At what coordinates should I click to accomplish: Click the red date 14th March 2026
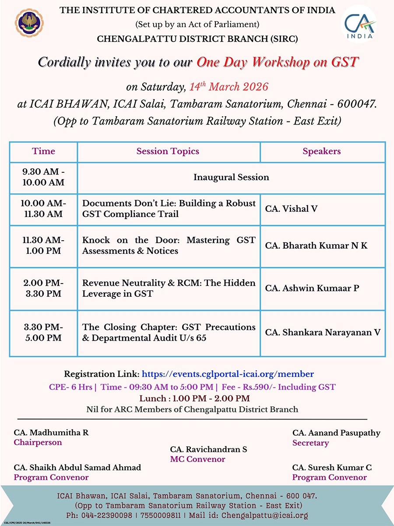229,86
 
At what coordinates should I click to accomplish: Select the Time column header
43,151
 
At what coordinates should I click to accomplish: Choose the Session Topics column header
168,151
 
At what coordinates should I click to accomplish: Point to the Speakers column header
322,151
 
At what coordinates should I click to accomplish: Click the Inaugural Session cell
231,177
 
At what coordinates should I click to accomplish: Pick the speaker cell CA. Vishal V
291,209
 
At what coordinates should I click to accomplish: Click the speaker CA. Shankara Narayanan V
323,332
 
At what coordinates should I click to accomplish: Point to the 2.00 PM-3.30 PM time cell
43,288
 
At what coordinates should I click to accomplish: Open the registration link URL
228,374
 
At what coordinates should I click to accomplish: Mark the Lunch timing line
195,398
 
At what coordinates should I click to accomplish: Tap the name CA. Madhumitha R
51,433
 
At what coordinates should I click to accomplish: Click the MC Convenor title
197,459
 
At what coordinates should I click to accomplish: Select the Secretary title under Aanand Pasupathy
310,443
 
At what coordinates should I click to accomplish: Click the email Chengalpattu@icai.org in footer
265,515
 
